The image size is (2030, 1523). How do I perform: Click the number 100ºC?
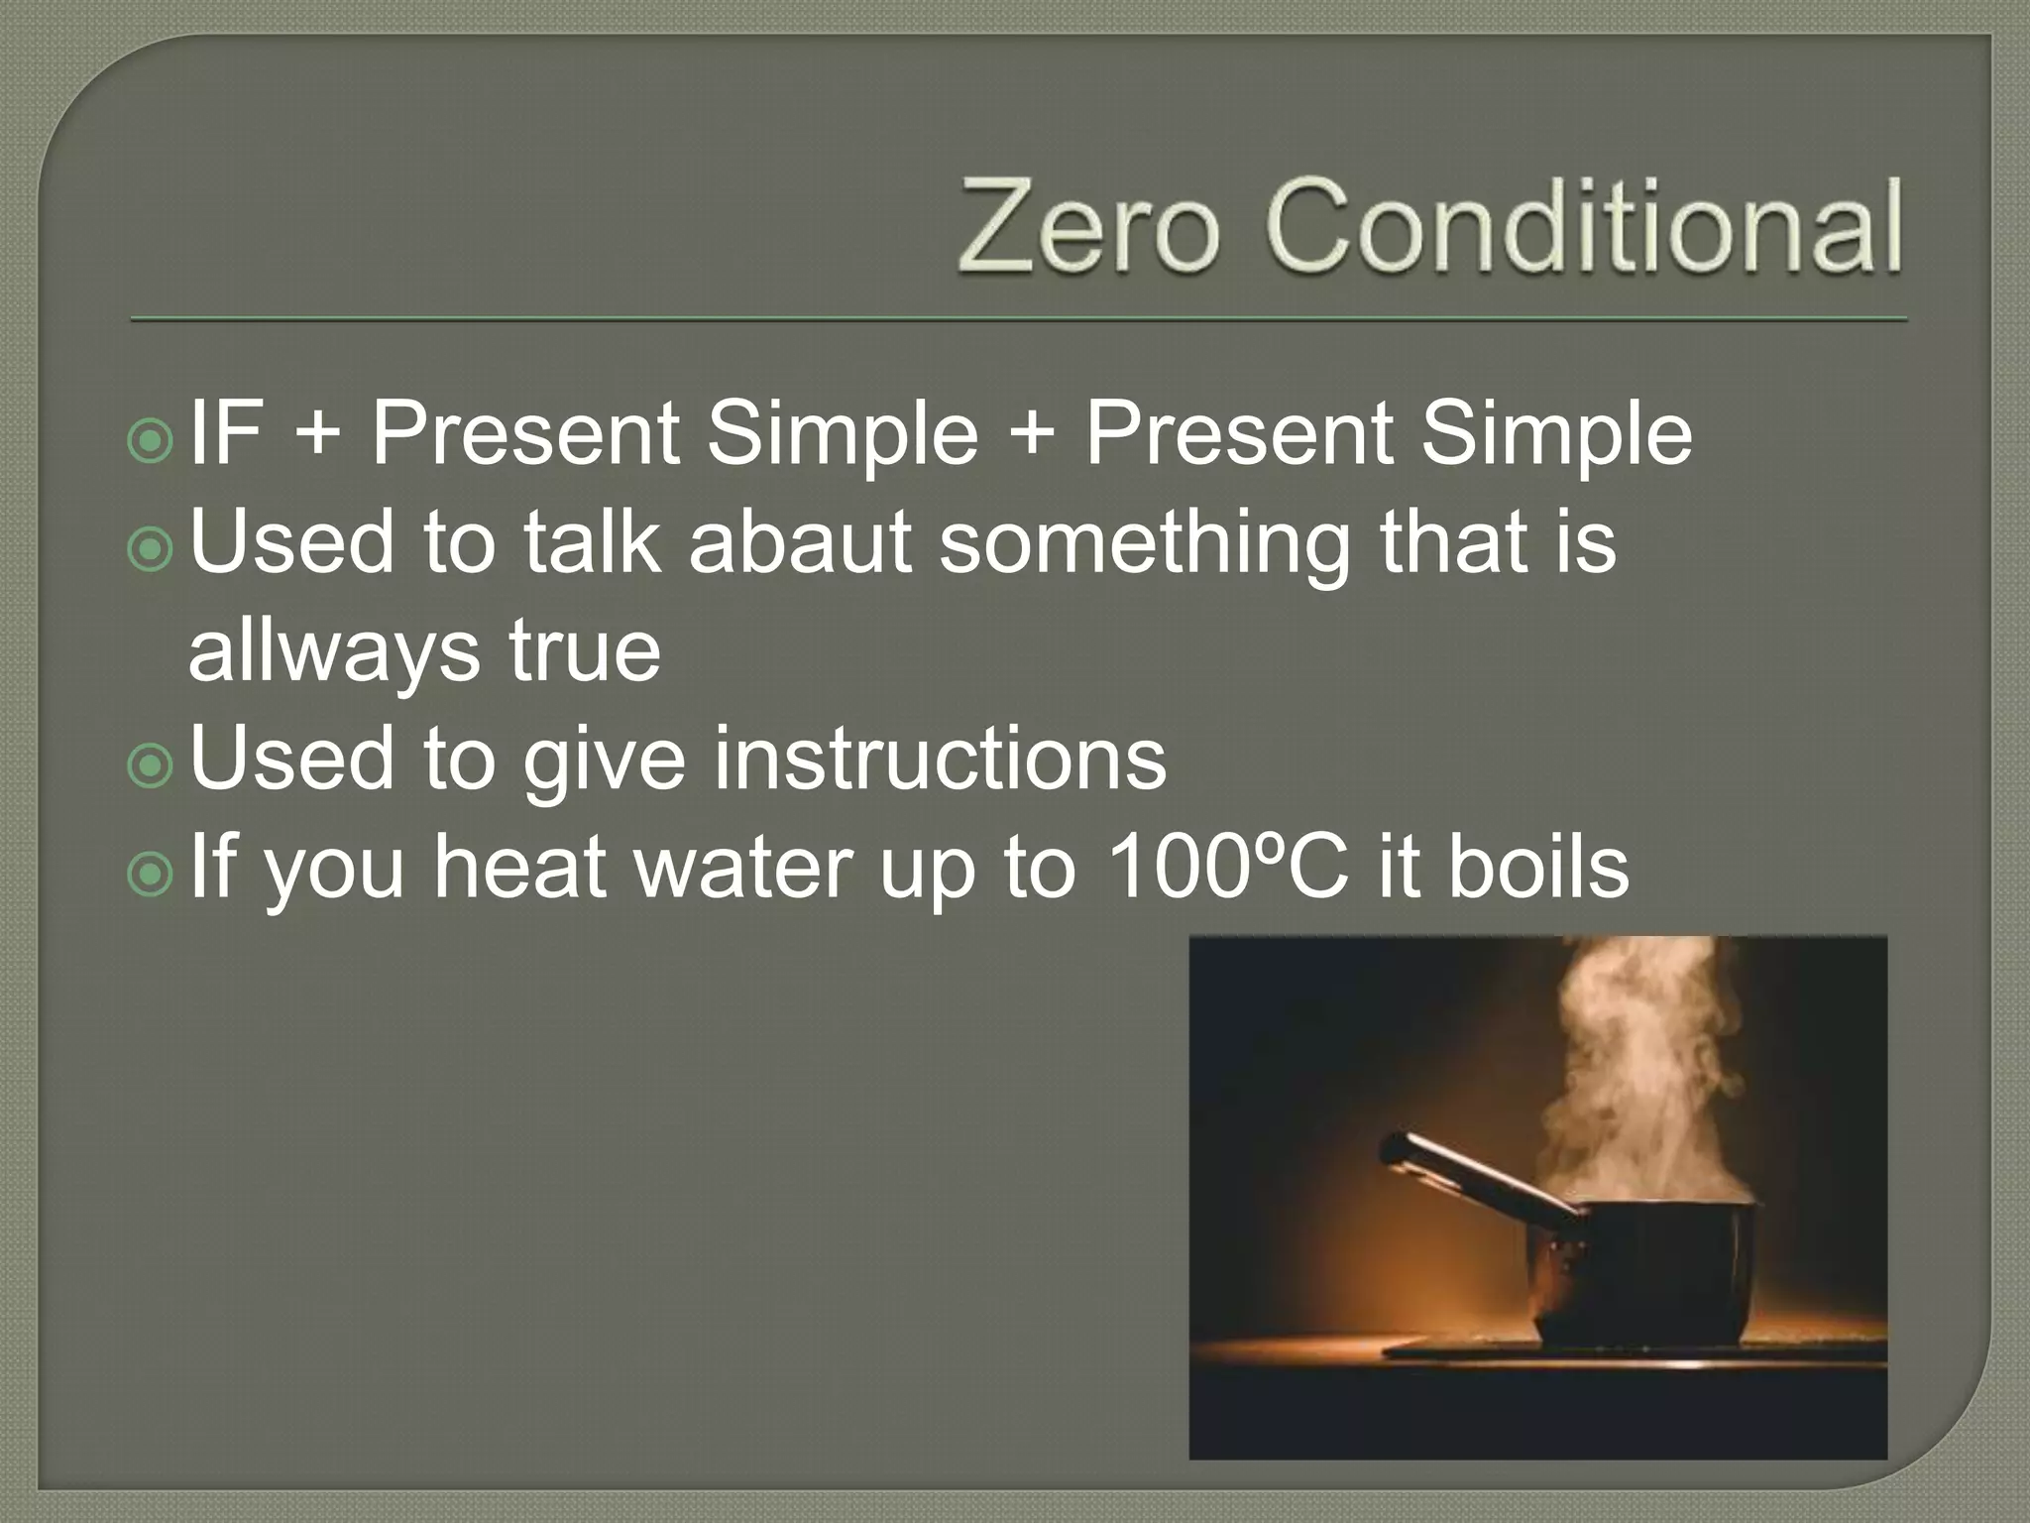[1227, 867]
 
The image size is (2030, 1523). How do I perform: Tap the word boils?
[1538, 867]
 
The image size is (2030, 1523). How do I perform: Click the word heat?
[519, 867]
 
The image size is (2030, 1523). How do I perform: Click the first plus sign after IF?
[317, 434]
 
